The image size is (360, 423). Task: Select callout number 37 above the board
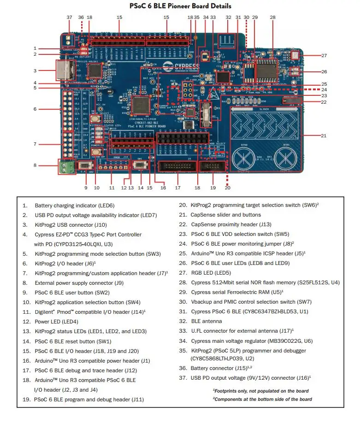69,18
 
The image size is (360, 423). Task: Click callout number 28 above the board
272,18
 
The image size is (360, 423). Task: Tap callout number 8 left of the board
35,165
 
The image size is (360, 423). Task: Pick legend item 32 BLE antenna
200,321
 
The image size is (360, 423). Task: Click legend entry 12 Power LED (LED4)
57,321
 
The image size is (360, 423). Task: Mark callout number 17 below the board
177,188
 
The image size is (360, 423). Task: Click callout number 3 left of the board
35,70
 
